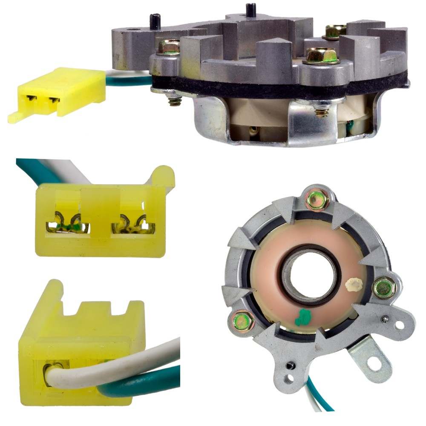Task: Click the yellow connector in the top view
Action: coord(64,92)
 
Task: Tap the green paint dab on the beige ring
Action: coord(304,317)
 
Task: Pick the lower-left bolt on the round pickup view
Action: coord(242,321)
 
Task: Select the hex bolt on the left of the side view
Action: coord(169,46)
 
